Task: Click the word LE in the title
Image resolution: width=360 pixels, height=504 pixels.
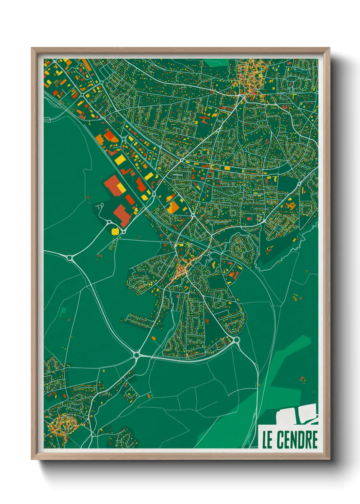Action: (267, 440)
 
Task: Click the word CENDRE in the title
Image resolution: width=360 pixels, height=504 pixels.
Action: (297, 440)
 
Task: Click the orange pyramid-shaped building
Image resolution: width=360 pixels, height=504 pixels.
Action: (173, 207)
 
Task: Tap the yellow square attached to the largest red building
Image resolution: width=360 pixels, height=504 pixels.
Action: (119, 187)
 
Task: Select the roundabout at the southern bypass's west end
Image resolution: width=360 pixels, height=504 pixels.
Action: (137, 355)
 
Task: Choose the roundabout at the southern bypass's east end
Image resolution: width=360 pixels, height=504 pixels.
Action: (236, 340)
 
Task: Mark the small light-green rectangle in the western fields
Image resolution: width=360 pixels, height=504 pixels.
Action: (63, 311)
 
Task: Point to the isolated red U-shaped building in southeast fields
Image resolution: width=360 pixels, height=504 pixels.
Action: (302, 379)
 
